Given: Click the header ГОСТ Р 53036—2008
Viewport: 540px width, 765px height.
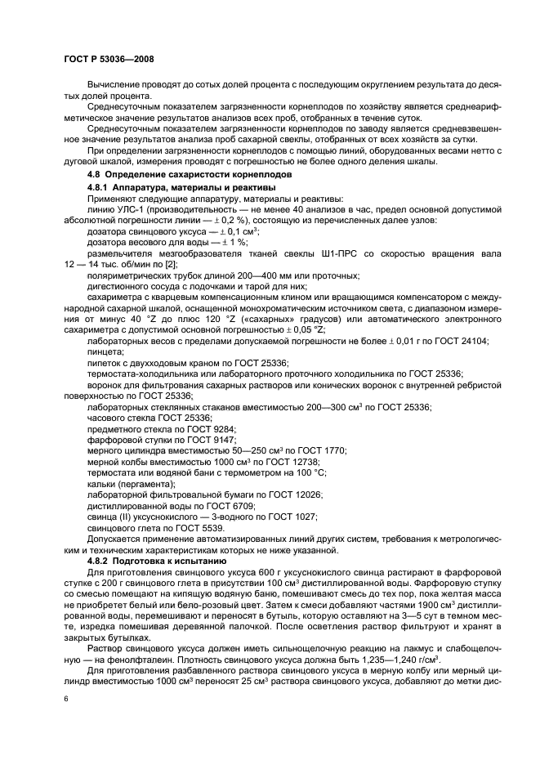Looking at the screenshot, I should [109, 60].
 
